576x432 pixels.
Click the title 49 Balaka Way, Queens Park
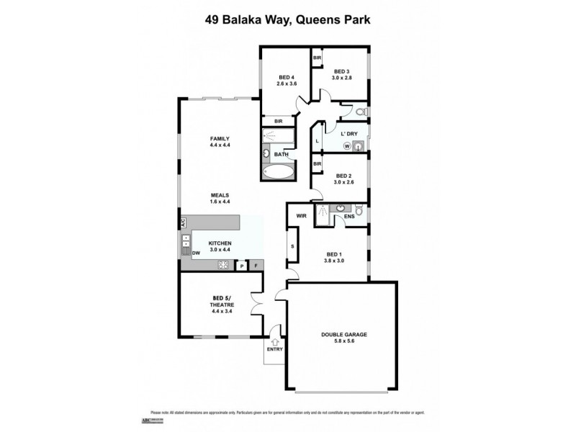288,19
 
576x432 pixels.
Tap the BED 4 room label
287,81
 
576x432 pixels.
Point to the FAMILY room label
219,142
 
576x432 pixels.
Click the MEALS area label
219,198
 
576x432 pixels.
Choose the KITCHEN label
219,247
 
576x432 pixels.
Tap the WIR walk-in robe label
302,215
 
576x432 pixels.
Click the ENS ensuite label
349,215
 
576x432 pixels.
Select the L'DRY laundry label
348,134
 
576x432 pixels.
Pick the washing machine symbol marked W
346,146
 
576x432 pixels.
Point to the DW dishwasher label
196,253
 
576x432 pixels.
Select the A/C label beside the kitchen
183,222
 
